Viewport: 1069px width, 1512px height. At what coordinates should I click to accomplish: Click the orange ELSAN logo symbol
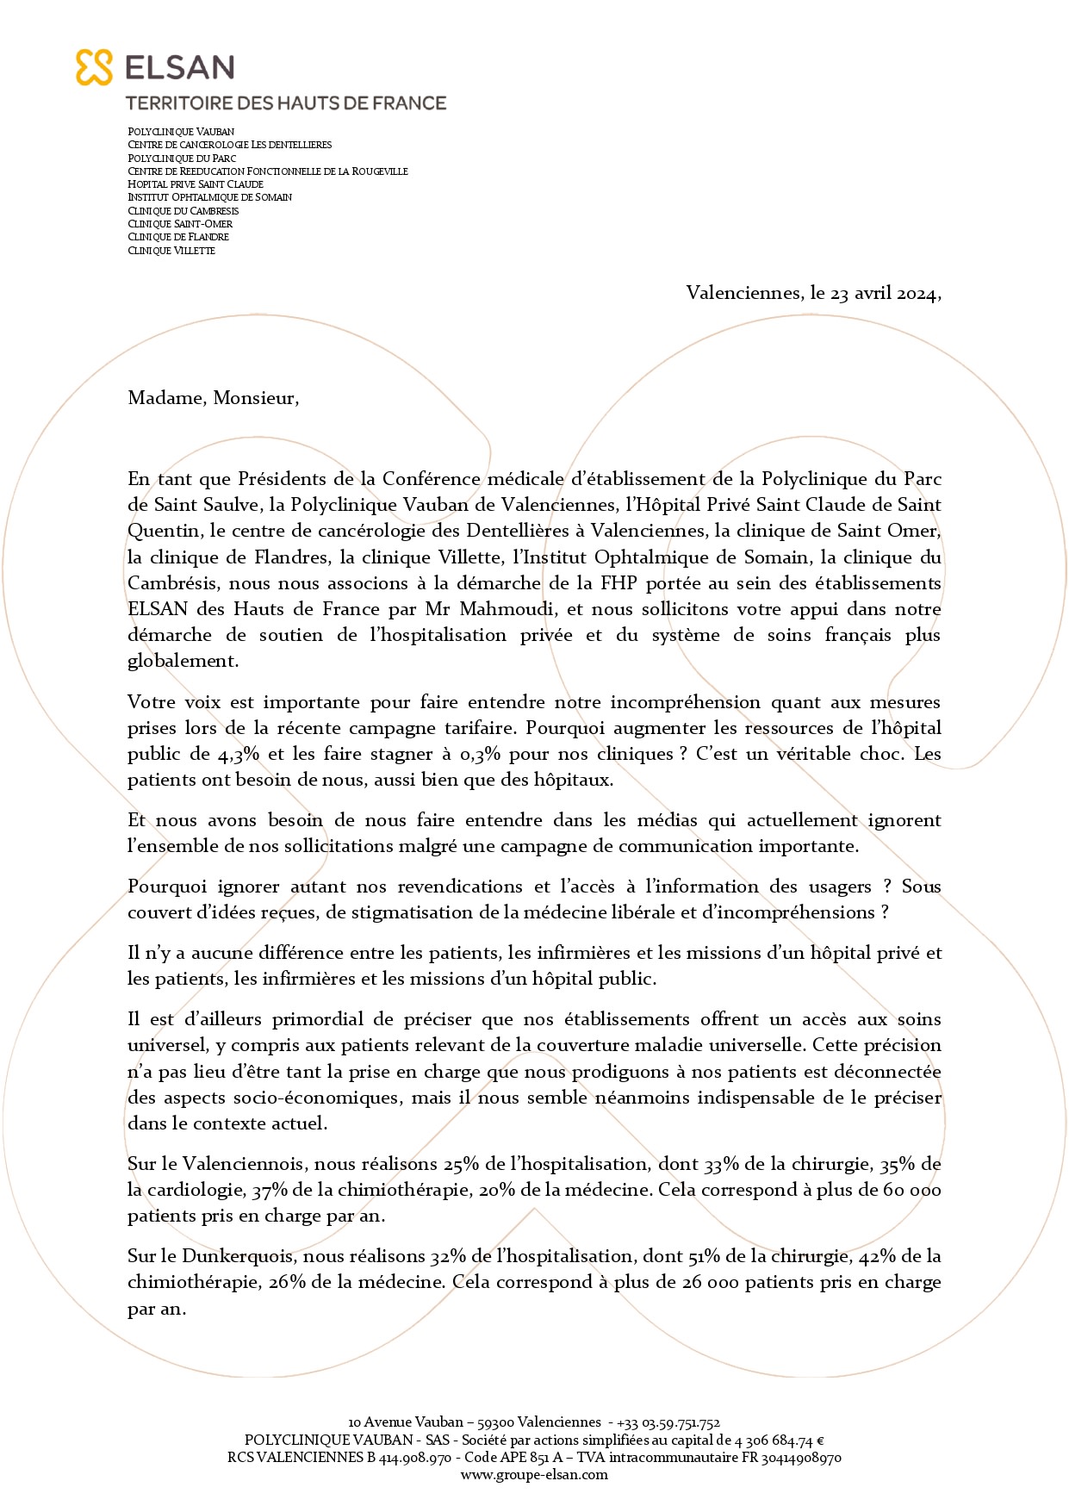(x=94, y=67)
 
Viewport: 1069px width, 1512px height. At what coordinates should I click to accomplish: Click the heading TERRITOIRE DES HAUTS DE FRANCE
(x=286, y=103)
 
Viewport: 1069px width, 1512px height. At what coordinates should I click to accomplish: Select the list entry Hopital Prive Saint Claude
(x=196, y=184)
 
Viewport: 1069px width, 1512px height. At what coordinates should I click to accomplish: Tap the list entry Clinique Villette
(x=171, y=251)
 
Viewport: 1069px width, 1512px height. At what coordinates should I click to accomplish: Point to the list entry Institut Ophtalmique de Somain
(x=209, y=197)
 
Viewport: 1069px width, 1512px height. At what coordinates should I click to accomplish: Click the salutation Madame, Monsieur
(x=213, y=398)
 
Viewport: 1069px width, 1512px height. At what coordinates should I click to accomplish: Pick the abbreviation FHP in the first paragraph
(x=618, y=583)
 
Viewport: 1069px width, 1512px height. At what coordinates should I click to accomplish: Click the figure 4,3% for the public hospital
(x=239, y=754)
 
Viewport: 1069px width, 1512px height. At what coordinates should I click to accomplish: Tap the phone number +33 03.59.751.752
(x=668, y=1422)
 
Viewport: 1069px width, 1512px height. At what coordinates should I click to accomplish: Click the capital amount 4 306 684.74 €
(x=780, y=1440)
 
